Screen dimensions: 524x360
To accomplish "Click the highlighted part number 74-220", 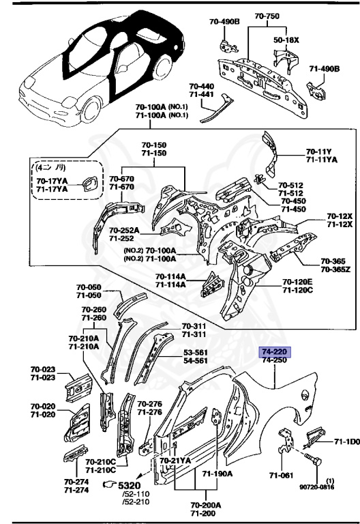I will (275, 351).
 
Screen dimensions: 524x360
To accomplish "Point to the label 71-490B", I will (325, 70).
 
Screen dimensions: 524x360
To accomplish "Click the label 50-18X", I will (286, 40).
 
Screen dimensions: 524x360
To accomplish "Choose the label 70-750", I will (268, 16).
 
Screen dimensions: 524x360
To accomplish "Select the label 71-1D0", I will (346, 443).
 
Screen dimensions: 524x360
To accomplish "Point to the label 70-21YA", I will (175, 461).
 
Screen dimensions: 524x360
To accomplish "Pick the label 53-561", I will (196, 352).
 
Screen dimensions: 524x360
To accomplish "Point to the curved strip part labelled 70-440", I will (215, 109).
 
